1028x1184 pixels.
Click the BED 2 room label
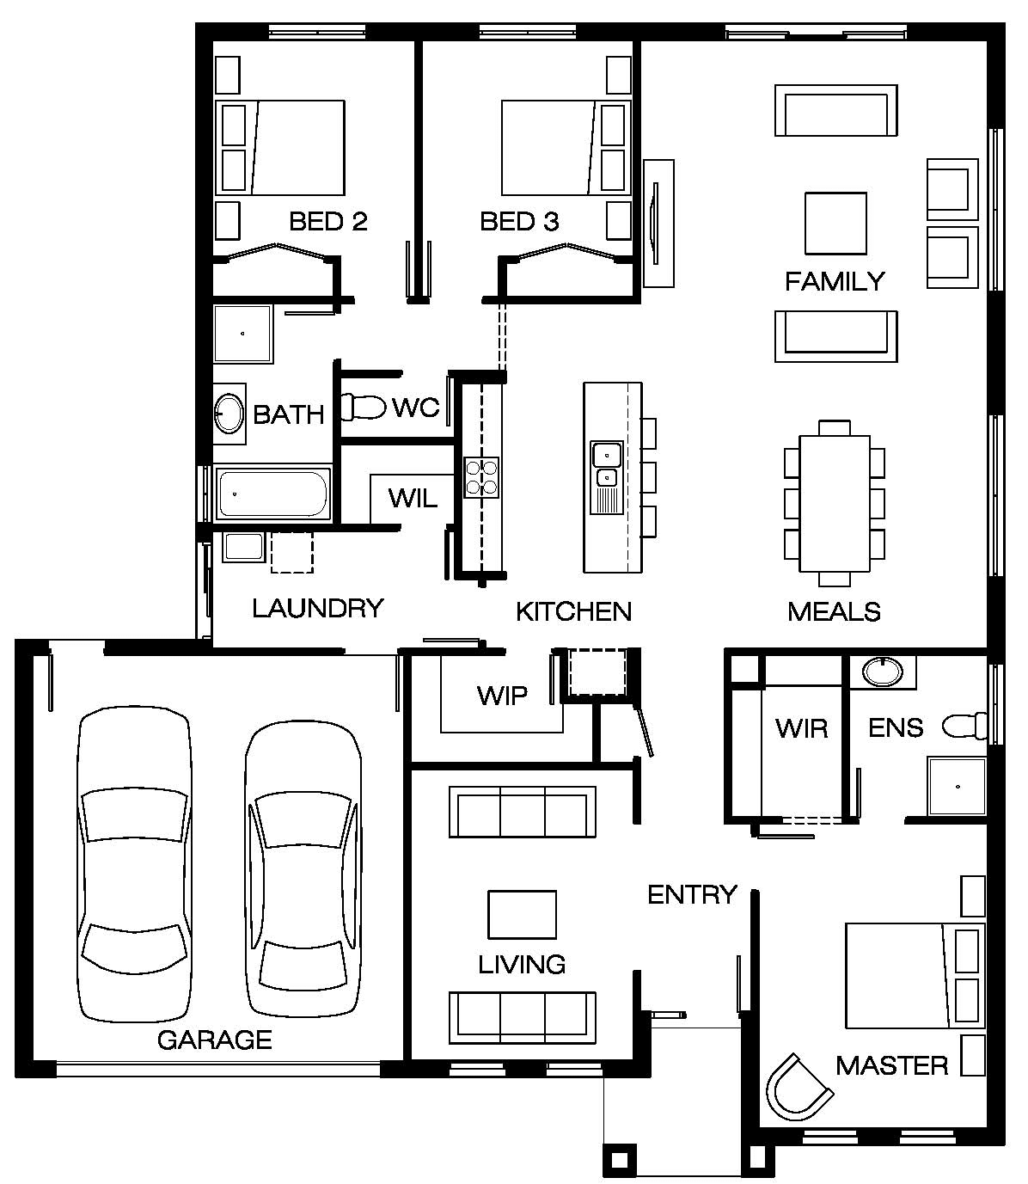[328, 221]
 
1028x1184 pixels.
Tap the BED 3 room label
[519, 221]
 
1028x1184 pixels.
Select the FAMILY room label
[835, 282]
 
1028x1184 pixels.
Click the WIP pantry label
[502, 696]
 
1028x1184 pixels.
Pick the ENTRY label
[692, 894]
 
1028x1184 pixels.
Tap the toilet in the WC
[364, 408]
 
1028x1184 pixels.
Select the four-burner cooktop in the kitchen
[481, 477]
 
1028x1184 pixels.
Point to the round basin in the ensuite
[882, 672]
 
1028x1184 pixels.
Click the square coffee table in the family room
[835, 224]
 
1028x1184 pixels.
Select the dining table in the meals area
[835, 504]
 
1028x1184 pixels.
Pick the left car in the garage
[134, 864]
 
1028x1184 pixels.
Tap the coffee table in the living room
[522, 914]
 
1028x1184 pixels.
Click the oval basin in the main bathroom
[229, 414]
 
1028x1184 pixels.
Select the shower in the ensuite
[957, 786]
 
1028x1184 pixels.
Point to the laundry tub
[243, 546]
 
